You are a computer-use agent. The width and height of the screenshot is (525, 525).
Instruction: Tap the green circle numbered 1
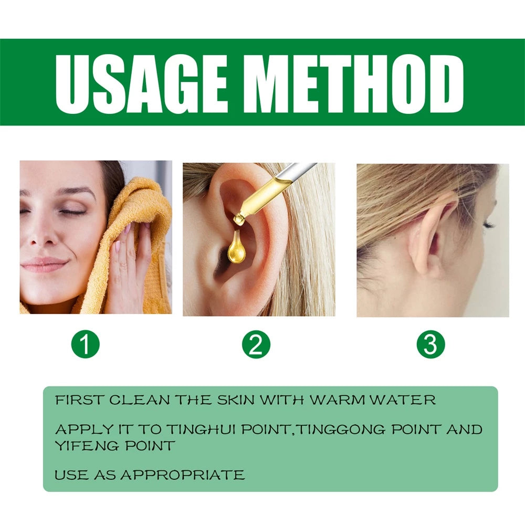(x=85, y=345)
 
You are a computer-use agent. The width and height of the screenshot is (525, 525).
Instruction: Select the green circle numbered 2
(x=256, y=345)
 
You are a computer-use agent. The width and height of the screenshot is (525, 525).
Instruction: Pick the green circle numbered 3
(x=430, y=345)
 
